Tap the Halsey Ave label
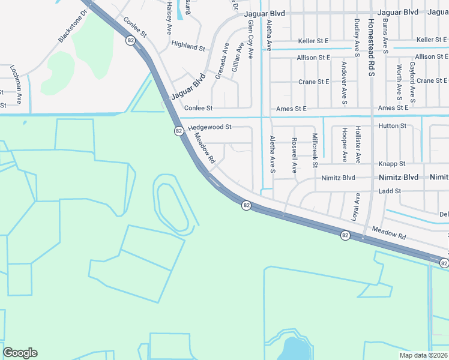click(x=170, y=17)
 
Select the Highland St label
click(x=188, y=45)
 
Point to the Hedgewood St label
click(x=209, y=127)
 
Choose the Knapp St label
click(x=393, y=163)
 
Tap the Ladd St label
click(x=390, y=191)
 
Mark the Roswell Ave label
click(x=294, y=155)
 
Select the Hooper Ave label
click(x=344, y=145)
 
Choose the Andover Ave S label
click(x=344, y=82)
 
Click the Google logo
click(x=20, y=353)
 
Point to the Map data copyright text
click(x=423, y=355)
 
